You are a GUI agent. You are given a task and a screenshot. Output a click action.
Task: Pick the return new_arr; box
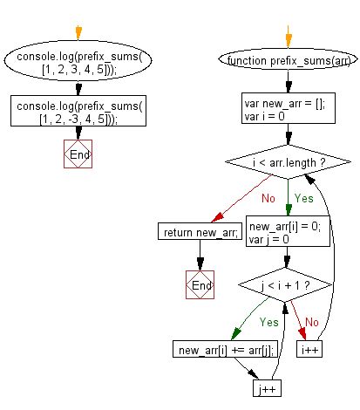tap(200, 231)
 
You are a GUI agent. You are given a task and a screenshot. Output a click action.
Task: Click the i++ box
tap(309, 350)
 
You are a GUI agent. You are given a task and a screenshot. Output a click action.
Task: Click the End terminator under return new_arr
tap(200, 284)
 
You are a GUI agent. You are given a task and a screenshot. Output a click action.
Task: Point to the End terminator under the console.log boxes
tap(78, 154)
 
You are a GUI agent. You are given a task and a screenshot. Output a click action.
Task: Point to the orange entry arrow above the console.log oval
tap(78, 32)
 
